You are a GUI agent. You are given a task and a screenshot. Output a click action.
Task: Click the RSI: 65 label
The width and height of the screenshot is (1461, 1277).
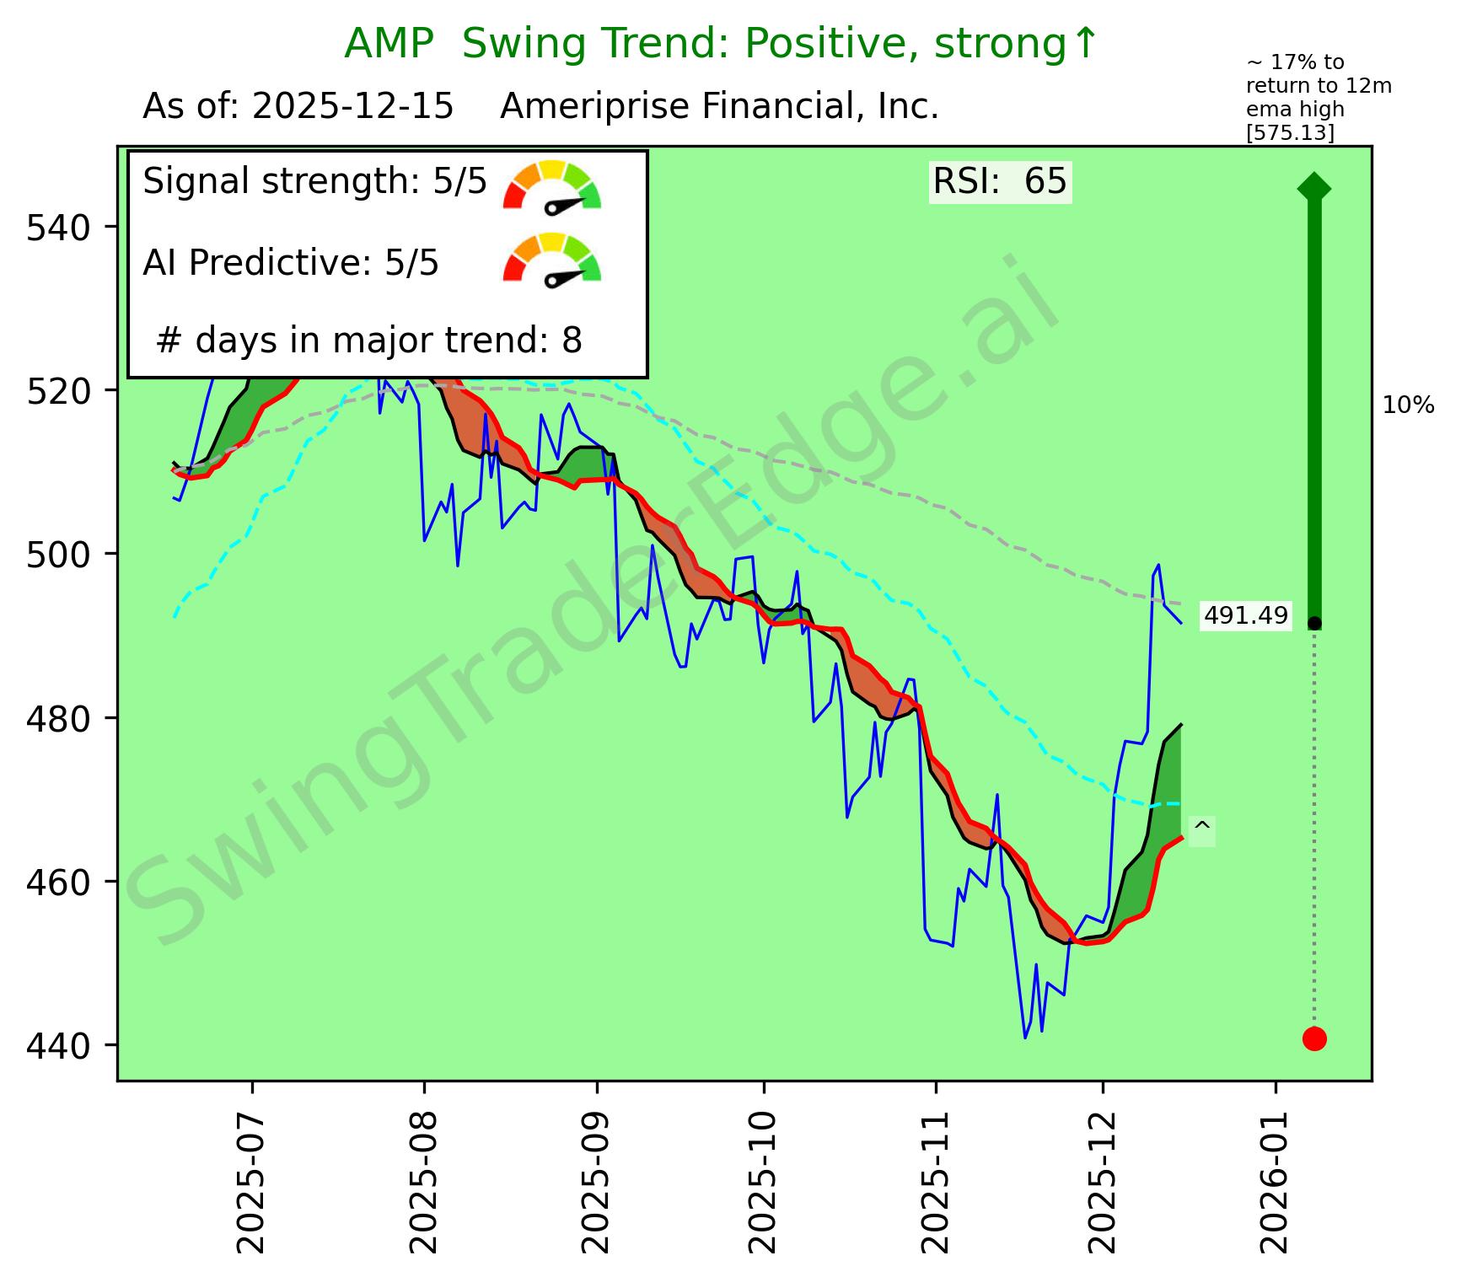point(1000,181)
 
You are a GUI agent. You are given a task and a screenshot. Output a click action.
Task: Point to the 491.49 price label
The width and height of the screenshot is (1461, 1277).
point(1245,617)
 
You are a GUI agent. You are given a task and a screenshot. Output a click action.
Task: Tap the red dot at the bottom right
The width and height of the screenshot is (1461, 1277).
point(1314,1038)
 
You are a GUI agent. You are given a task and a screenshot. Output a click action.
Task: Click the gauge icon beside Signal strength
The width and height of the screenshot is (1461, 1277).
point(552,185)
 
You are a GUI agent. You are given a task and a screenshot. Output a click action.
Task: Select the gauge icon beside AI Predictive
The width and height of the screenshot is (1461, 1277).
point(552,258)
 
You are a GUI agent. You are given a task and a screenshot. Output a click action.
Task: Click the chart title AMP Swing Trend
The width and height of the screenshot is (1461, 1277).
point(722,44)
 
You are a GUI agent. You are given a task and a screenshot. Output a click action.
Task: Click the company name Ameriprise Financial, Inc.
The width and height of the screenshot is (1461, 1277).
point(719,107)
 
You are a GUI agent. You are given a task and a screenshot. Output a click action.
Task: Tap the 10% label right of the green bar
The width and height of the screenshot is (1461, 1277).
point(1408,406)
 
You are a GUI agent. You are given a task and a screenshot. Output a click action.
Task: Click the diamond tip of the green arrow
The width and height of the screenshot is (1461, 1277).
point(1314,187)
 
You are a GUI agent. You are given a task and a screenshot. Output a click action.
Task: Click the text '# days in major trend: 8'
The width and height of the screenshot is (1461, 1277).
point(369,341)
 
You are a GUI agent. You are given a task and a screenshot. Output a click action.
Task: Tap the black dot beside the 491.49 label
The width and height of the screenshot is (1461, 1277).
point(1314,624)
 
